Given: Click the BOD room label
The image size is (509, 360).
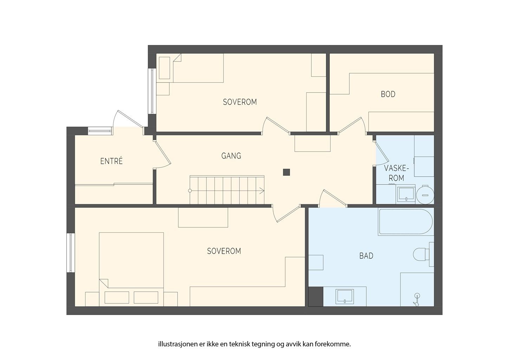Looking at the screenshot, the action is (388, 94).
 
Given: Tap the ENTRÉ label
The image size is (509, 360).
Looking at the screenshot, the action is (111, 161).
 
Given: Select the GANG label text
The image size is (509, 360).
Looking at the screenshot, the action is (231, 156).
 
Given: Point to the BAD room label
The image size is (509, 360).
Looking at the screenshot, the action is (366, 256).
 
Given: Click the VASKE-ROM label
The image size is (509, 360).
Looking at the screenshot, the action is (397, 173).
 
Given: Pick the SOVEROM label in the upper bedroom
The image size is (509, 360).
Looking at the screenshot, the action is (240, 102).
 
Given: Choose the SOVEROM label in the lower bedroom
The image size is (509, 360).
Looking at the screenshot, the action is (224, 251).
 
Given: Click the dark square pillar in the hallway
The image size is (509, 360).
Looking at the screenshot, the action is (286, 172).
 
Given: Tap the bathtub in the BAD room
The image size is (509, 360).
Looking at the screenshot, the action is (405, 222).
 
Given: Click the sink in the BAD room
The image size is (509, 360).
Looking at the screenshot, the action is (345, 296).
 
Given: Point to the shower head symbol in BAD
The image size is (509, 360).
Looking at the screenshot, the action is (417, 300).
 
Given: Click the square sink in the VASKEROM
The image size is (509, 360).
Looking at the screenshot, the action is (406, 194).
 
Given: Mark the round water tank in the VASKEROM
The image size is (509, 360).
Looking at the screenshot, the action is (425, 195).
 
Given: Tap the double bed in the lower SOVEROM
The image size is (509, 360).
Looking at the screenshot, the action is (131, 269).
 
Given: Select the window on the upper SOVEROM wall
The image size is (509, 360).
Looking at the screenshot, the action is (152, 91).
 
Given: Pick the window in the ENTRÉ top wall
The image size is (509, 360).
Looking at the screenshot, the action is (100, 131).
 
